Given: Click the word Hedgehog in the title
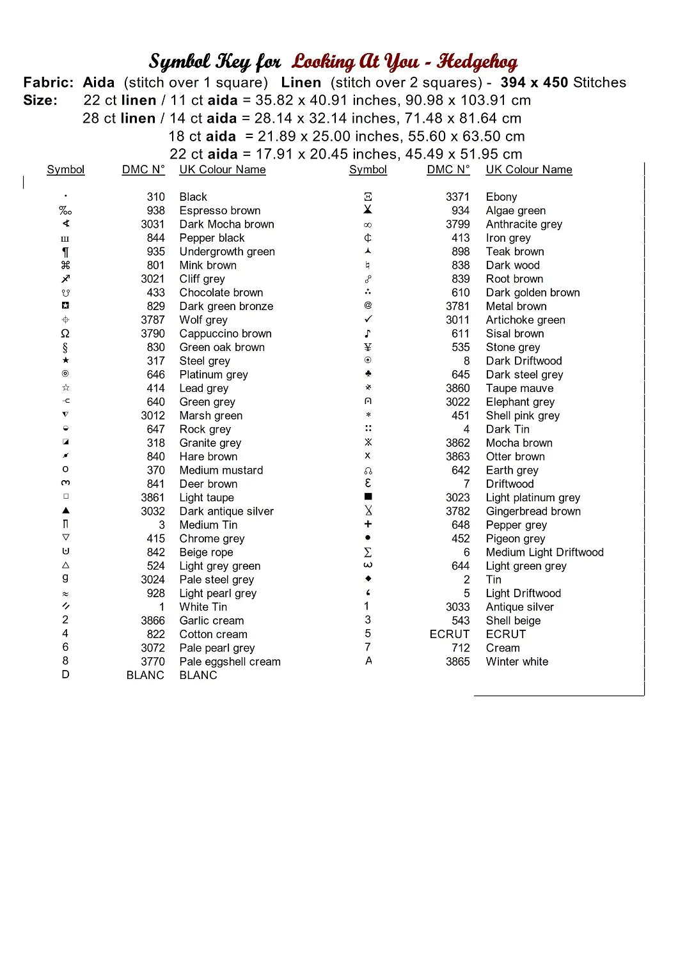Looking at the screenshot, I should coord(477,62).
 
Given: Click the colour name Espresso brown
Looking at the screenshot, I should coord(219,211).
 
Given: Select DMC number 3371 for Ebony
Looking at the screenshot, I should coord(457,197).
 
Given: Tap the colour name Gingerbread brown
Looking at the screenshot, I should coord(533,511).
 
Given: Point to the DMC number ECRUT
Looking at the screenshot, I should coord(449,634).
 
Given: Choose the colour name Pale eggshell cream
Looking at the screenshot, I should coord(230,662).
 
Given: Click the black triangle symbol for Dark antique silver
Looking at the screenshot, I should coord(65,511).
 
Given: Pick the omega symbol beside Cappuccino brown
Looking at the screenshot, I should coord(65,334).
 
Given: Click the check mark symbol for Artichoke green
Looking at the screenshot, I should coord(368,319).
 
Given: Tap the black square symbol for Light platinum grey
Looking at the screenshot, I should coord(368,497).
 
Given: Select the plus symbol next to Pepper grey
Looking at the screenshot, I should coord(368,524).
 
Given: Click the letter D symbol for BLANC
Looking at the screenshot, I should coord(65,674).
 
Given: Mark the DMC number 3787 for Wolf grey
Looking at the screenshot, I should coord(153,320).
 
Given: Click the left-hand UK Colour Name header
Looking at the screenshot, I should coord(222,169).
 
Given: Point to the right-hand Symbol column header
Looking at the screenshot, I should coord(368,169).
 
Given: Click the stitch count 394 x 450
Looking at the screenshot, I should coord(534,82).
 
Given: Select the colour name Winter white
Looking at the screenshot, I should coord(517,662).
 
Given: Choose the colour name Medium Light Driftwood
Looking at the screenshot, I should coord(544,552).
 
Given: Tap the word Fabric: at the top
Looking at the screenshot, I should coord(48,82).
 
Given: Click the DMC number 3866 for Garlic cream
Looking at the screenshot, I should coord(153,621).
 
